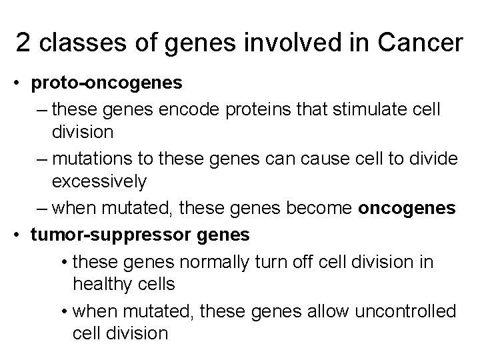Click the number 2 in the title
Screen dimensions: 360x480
coord(23,43)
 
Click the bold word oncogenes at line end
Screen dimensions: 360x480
coord(407,209)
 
